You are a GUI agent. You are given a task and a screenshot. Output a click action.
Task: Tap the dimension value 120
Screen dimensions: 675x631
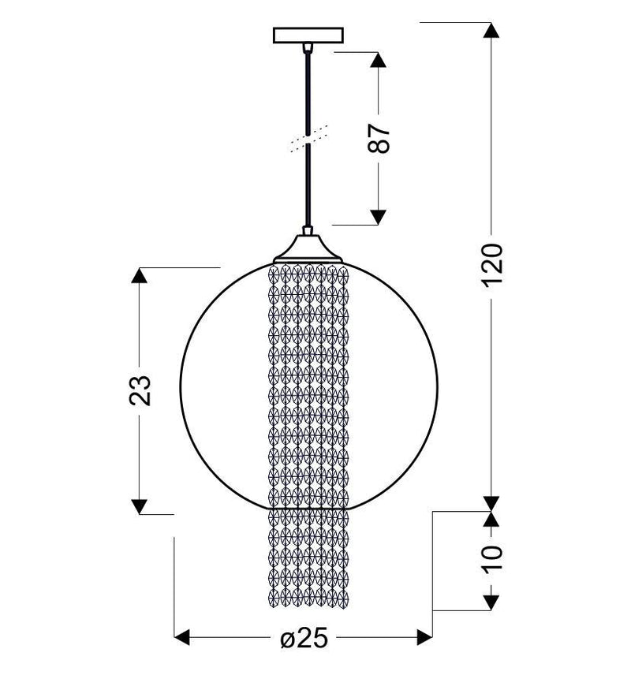[x=491, y=266]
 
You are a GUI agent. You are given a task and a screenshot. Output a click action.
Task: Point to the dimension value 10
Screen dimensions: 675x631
[x=491, y=560]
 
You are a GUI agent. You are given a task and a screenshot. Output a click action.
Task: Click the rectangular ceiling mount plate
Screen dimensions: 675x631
[x=308, y=35]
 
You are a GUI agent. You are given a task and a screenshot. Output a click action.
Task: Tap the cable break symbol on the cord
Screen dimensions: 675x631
[x=308, y=139]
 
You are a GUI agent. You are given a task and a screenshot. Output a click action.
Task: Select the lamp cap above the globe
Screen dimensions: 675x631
[x=308, y=248]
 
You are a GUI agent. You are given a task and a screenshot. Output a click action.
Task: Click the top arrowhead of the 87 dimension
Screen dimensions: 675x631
[x=379, y=61]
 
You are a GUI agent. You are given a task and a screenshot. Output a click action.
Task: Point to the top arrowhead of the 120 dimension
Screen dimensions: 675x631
[x=491, y=31]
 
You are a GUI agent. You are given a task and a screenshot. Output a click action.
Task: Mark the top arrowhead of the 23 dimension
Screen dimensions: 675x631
[x=140, y=276]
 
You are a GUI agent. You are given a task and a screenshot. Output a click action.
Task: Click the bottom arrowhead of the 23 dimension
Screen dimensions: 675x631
[x=140, y=505]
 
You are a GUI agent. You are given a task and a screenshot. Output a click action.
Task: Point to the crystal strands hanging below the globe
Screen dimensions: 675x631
[x=308, y=560]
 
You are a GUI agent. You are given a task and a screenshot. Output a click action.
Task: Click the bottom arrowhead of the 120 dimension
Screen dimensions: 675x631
[x=491, y=502]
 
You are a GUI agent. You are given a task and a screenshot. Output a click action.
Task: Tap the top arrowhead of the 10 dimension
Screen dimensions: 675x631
[x=491, y=518]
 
